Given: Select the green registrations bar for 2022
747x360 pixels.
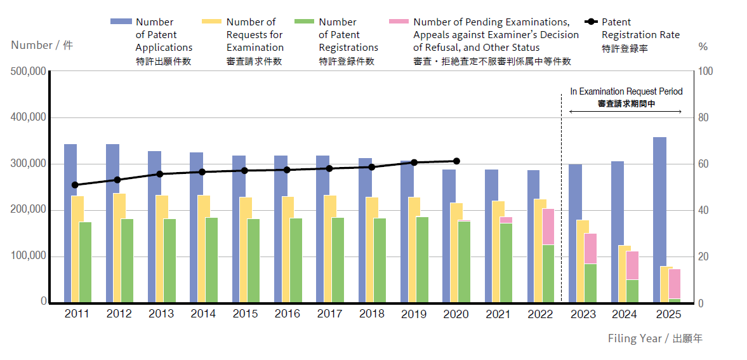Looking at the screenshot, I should click(x=548, y=273).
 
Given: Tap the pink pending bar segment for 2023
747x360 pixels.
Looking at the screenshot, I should click(x=590, y=248).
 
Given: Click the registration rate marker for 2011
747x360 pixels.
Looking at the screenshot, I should click(x=75, y=185).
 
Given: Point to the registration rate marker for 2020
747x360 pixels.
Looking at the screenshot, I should click(x=456, y=161).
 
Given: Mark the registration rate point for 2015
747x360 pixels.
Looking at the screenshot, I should click(x=244, y=170).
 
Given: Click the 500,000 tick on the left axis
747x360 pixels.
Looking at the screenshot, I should click(x=28, y=72).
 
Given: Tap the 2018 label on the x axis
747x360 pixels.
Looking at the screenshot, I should click(x=371, y=314).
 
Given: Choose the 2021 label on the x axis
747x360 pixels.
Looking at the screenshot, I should click(x=498, y=314).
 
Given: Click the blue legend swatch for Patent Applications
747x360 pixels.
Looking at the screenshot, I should click(x=120, y=22).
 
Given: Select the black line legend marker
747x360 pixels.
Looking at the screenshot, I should click(x=592, y=22).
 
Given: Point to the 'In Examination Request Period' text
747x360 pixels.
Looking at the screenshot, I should click(x=626, y=91).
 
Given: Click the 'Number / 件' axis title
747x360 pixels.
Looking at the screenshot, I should click(x=42, y=46).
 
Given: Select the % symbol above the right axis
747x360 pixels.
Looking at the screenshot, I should click(x=703, y=46).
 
